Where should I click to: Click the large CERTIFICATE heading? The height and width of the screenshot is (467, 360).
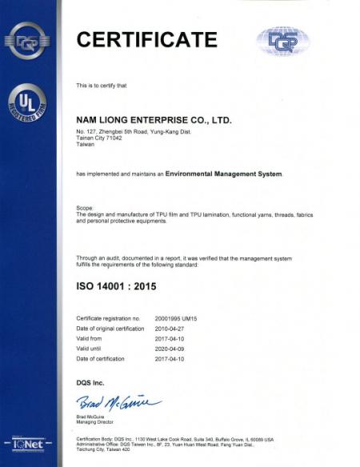(x=146, y=38)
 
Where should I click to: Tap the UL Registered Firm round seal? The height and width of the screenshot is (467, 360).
(x=28, y=105)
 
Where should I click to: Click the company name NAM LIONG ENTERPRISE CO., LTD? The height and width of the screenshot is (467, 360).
(x=153, y=119)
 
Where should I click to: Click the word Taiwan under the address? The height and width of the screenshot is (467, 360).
(x=84, y=144)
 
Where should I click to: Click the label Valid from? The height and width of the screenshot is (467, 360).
(x=88, y=339)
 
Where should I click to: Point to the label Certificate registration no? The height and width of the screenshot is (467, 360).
(x=107, y=317)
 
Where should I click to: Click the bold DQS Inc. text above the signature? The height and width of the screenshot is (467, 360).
(x=90, y=383)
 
